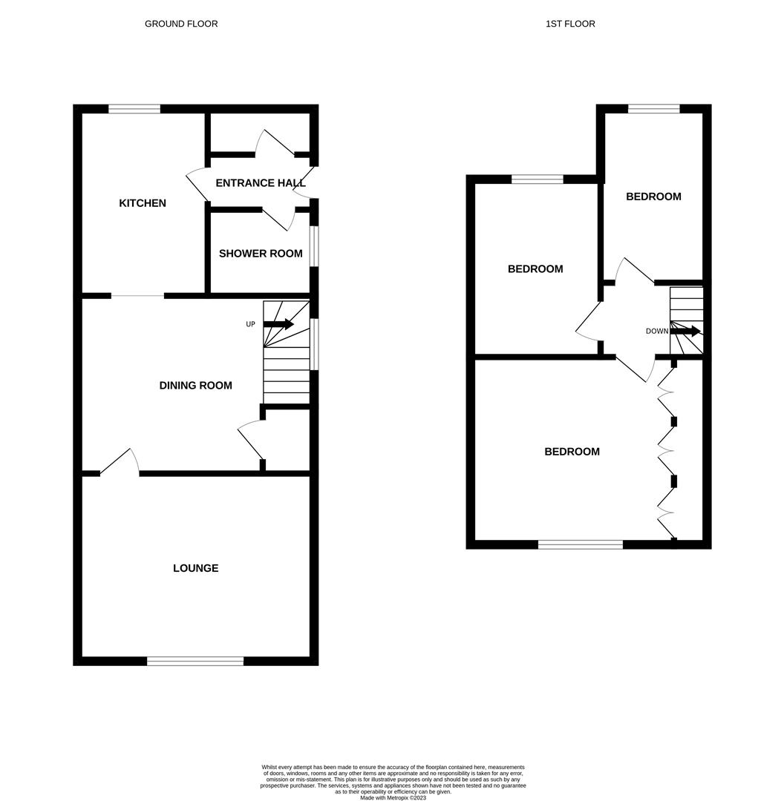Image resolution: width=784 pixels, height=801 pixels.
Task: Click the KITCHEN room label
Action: tap(143, 203)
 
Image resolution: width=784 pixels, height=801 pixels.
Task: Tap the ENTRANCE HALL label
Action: tap(261, 182)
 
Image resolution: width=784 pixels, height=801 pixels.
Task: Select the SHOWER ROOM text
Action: tap(261, 254)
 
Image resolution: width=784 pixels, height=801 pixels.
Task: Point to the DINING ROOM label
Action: tap(195, 385)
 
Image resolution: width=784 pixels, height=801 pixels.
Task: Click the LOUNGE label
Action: tap(195, 568)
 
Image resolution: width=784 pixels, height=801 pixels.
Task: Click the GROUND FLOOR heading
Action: tap(181, 24)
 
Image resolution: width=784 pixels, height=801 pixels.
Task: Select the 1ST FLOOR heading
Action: tap(570, 24)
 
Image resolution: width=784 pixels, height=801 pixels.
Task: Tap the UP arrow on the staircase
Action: tap(278, 324)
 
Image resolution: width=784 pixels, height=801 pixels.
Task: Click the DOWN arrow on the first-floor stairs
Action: tap(685, 331)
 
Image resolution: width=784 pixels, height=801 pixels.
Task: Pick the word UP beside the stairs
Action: tap(251, 324)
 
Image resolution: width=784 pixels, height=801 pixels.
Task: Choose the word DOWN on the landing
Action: tap(657, 331)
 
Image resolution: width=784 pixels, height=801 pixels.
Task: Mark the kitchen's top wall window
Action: tap(134, 109)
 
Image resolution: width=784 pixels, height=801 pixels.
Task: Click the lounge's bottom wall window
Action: tap(195, 661)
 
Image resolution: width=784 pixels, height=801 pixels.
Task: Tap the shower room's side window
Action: tap(314, 245)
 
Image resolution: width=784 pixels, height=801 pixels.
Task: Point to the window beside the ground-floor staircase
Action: tap(314, 343)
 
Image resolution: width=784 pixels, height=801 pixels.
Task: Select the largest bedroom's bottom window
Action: tap(581, 545)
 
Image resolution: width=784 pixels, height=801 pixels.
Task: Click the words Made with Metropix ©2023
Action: tap(393, 797)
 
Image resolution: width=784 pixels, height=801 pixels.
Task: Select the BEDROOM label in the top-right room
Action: tap(653, 197)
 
